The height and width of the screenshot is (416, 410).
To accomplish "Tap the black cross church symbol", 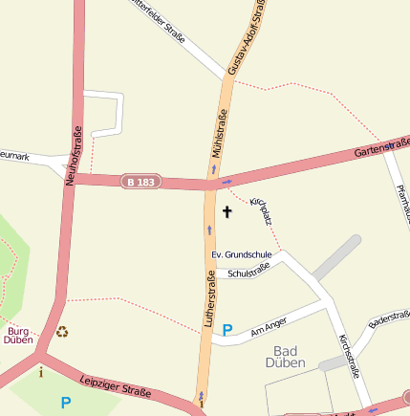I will click(x=227, y=210).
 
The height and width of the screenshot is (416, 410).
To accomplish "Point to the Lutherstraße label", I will click(x=208, y=299).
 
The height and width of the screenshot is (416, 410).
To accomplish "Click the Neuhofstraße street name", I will click(x=76, y=153).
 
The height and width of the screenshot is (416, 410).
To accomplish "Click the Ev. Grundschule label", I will click(x=242, y=254).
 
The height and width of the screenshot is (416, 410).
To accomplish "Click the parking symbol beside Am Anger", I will click(x=227, y=330).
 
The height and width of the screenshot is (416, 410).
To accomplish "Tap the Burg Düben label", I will click(x=18, y=334).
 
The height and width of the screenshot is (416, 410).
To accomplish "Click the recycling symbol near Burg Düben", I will click(x=63, y=332).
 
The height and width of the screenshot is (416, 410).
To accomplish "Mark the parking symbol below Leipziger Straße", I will click(x=66, y=403).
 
